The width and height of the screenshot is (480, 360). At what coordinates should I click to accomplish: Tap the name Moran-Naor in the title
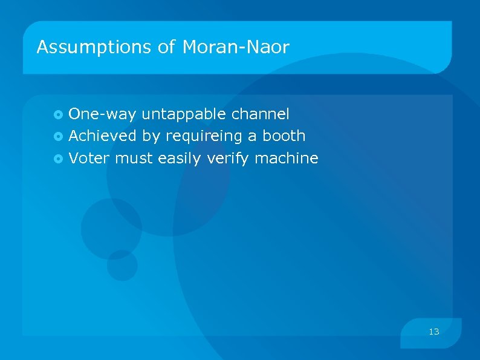coord(236,47)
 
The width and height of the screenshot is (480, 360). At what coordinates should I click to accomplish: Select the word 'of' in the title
coord(167,47)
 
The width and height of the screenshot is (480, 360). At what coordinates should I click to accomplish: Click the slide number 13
coord(433,332)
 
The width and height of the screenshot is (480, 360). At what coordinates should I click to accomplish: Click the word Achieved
coord(103,136)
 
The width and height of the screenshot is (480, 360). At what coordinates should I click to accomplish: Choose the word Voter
coord(89,159)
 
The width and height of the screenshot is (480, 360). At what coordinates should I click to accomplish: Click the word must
coord(134,159)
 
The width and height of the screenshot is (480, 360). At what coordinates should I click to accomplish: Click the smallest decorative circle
coord(122,265)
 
